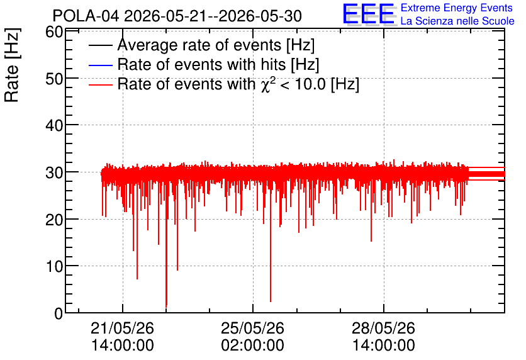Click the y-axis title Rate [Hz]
pyautogui.click(x=12, y=65)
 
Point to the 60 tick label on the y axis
pyautogui.click(x=54, y=33)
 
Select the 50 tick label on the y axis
pyautogui.click(x=54, y=79)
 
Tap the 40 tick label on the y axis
pyautogui.click(x=54, y=126)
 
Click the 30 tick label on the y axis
pyautogui.click(x=54, y=173)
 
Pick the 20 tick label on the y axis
pyautogui.click(x=54, y=220)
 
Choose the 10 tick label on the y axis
pyautogui.click(x=54, y=267)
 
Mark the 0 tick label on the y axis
pyautogui.click(x=59, y=313)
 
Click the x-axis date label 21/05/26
pyautogui.click(x=123, y=328)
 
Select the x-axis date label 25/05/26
pyautogui.click(x=252, y=328)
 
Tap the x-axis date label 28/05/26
pyautogui.click(x=383, y=328)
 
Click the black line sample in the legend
pyautogui.click(x=100, y=45)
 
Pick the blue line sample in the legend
pyautogui.click(x=100, y=65)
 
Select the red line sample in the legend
pyautogui.click(x=100, y=84)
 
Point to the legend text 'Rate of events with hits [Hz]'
pyautogui.click(x=218, y=64)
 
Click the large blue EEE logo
pyautogui.click(x=369, y=14)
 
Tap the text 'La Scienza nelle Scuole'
pyautogui.click(x=457, y=21)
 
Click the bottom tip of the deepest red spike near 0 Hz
pyautogui.click(x=166, y=307)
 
